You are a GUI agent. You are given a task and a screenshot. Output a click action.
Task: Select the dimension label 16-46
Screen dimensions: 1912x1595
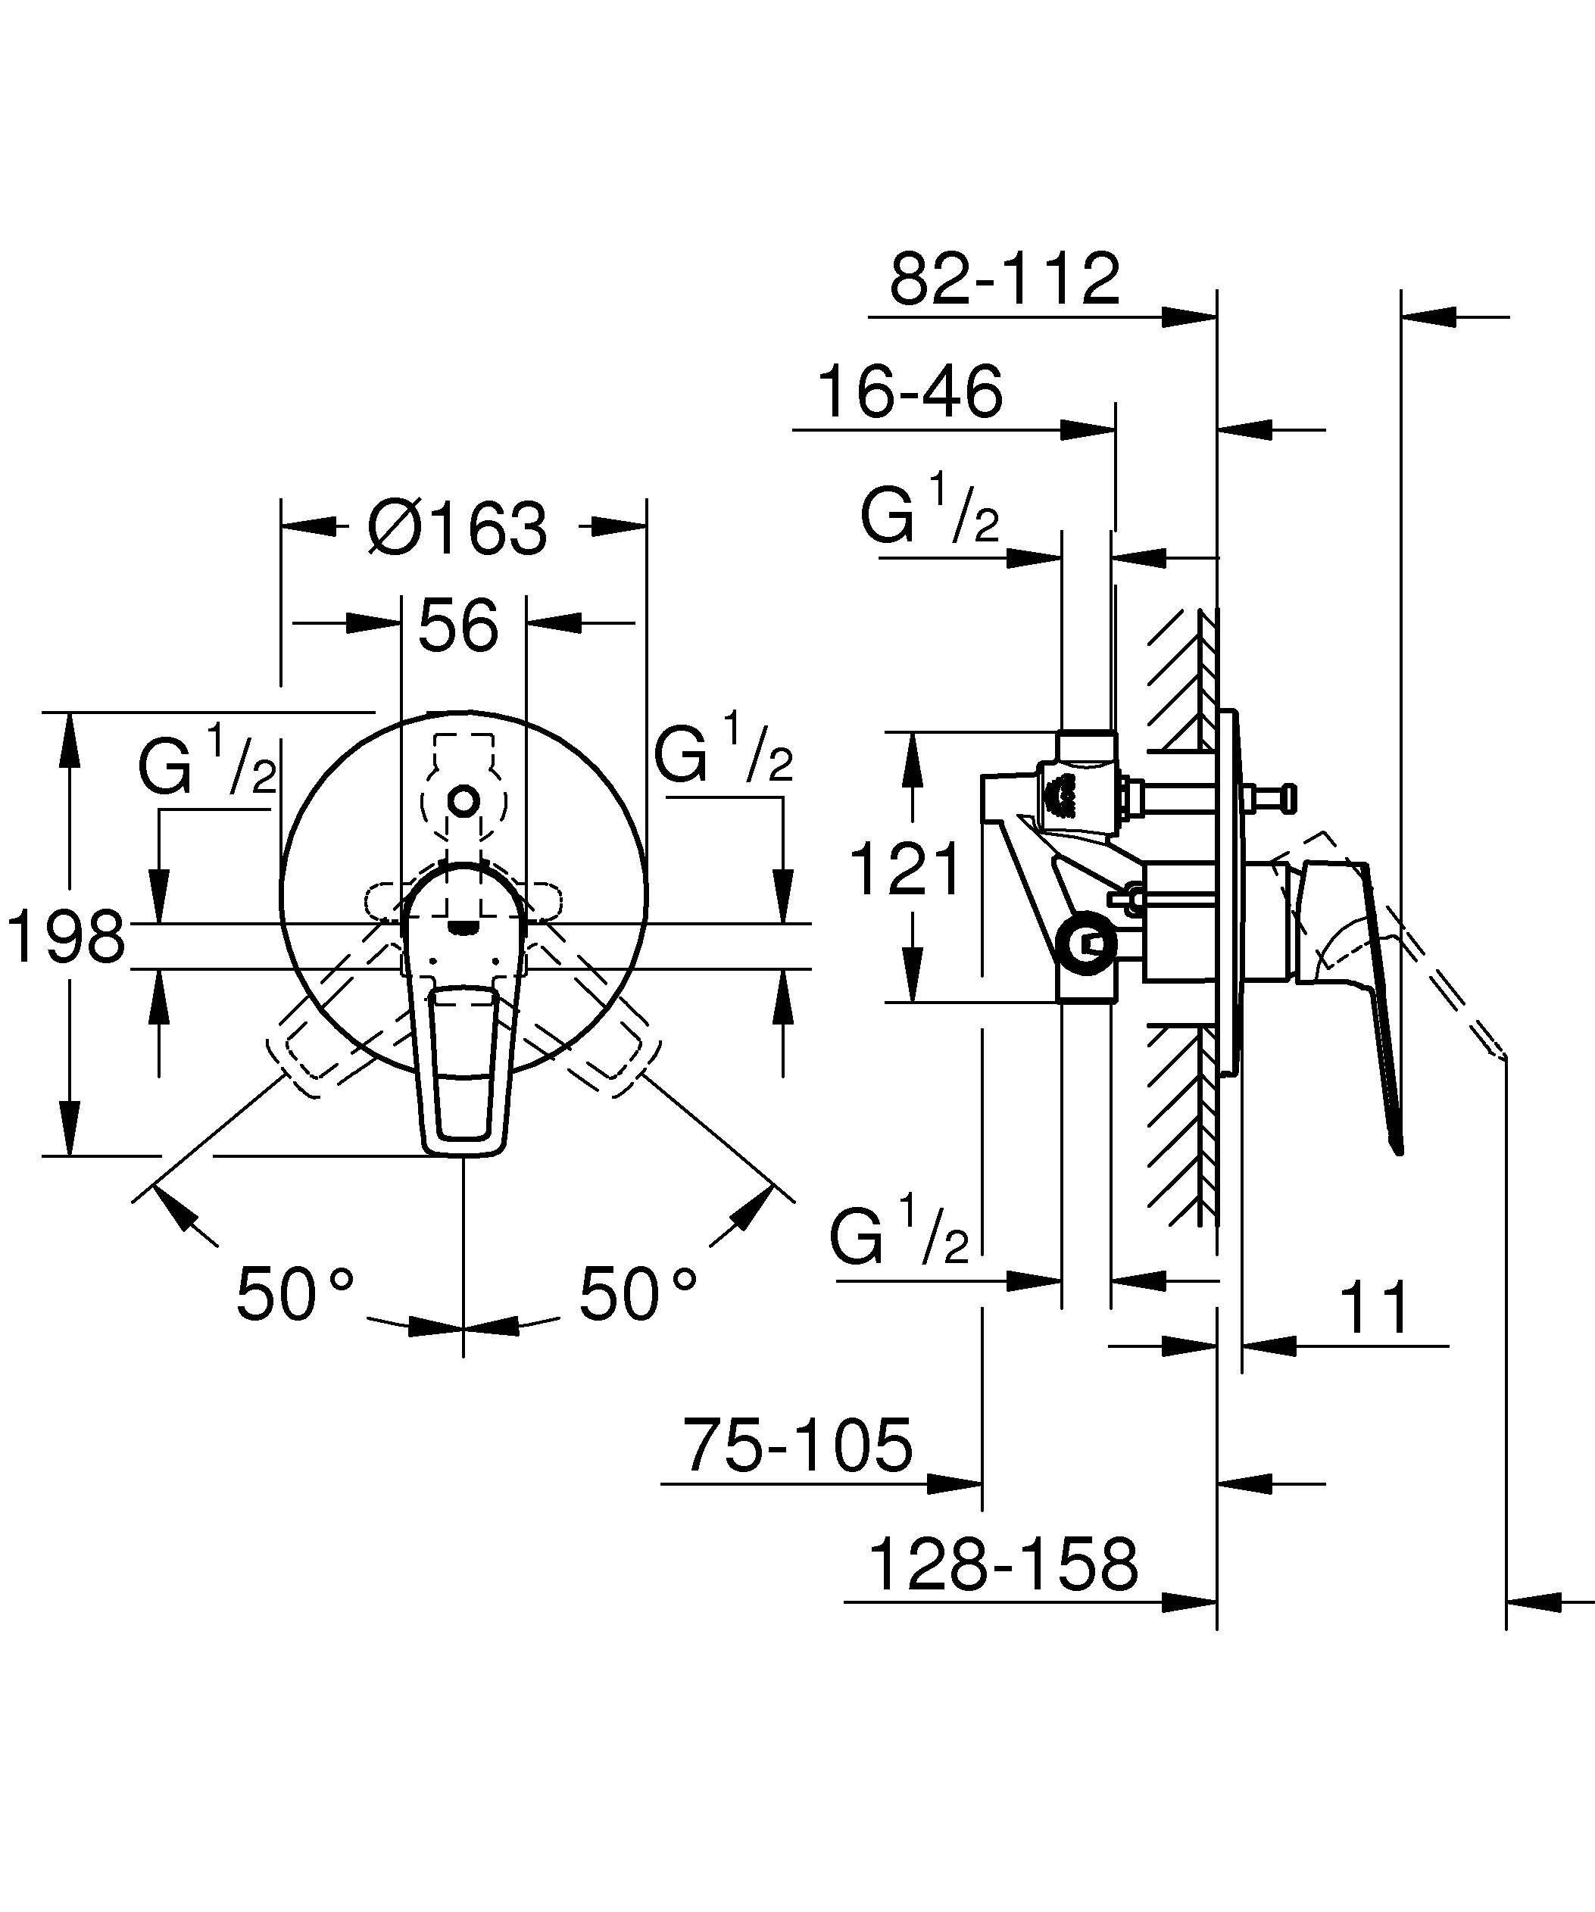click(x=910, y=392)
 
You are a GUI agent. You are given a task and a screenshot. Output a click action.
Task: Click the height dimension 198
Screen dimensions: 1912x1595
click(x=66, y=937)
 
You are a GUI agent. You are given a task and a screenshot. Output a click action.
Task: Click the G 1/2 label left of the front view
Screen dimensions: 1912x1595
click(x=208, y=761)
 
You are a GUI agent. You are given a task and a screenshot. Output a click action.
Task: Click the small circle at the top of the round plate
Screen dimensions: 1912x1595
click(x=464, y=801)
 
